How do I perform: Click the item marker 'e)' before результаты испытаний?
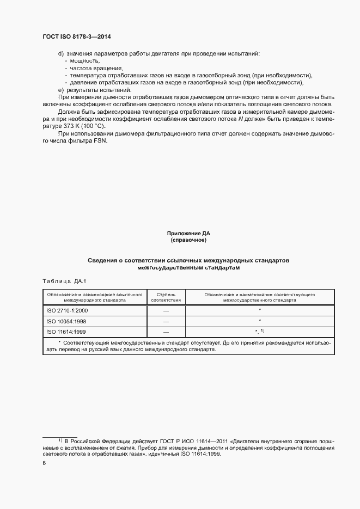pos(61,89)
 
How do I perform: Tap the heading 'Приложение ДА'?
pos(188,233)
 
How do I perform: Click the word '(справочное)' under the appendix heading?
pos(188,240)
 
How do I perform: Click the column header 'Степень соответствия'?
pos(166,297)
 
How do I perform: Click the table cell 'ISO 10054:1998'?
pos(66,321)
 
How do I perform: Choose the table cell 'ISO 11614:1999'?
pos(66,332)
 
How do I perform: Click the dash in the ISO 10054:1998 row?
pos(166,321)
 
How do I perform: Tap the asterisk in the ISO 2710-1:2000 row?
pos(260,310)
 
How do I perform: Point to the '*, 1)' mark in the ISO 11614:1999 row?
pos(260,332)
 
